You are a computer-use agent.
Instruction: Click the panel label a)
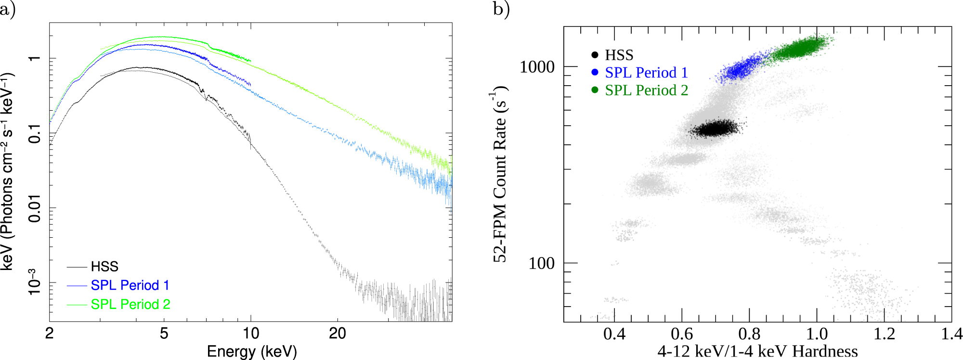pos(7,10)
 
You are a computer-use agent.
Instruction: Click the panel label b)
pos(501,10)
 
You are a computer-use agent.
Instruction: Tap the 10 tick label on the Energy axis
pos(251,333)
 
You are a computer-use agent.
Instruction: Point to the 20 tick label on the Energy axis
pos(337,333)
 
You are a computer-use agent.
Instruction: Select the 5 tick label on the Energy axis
pos(164,333)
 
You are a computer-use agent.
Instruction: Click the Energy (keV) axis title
pos(251,351)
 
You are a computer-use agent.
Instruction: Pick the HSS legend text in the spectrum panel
pos(104,267)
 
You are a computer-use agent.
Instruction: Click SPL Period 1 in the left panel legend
pos(130,285)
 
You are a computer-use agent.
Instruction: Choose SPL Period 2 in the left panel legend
pos(130,304)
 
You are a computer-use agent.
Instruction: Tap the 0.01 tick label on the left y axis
pos(35,208)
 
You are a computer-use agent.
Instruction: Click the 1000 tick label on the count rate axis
pos(537,67)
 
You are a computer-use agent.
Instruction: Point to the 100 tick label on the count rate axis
pos(541,263)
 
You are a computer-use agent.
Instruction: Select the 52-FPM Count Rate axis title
pos(500,174)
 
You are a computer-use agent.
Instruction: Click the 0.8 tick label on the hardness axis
pos(749,334)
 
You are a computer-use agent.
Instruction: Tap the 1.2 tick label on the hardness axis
pos(884,334)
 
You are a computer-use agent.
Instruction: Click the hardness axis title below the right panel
pos(757,351)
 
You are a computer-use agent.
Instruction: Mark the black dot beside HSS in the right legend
pos(595,55)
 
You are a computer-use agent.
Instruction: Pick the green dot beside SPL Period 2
pos(595,90)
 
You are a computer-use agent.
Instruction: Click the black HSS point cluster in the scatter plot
pos(715,129)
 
